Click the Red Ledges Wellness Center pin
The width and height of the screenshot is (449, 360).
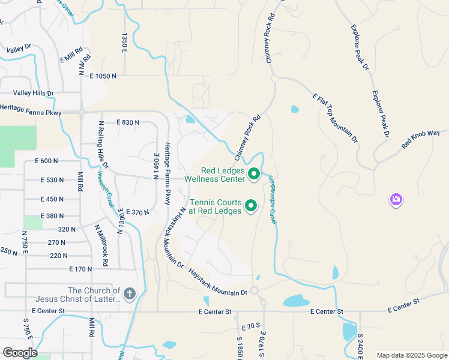coord(253,174)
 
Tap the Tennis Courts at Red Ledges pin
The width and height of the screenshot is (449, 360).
coord(251,206)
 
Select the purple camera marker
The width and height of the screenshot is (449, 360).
coord(396,199)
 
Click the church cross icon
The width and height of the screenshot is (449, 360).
coord(130,293)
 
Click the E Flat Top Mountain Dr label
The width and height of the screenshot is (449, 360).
coord(335,117)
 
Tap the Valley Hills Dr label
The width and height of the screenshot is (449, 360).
coord(34,93)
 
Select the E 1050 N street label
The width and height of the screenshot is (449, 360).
coord(103,76)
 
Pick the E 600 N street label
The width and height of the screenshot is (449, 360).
coord(46,161)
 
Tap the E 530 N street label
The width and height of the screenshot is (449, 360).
coord(52,180)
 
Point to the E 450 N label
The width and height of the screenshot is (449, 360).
coord(52,199)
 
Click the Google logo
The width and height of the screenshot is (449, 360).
coord(20,353)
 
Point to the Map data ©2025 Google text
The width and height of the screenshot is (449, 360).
coord(411,355)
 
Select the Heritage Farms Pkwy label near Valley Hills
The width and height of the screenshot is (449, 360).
coord(31,108)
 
